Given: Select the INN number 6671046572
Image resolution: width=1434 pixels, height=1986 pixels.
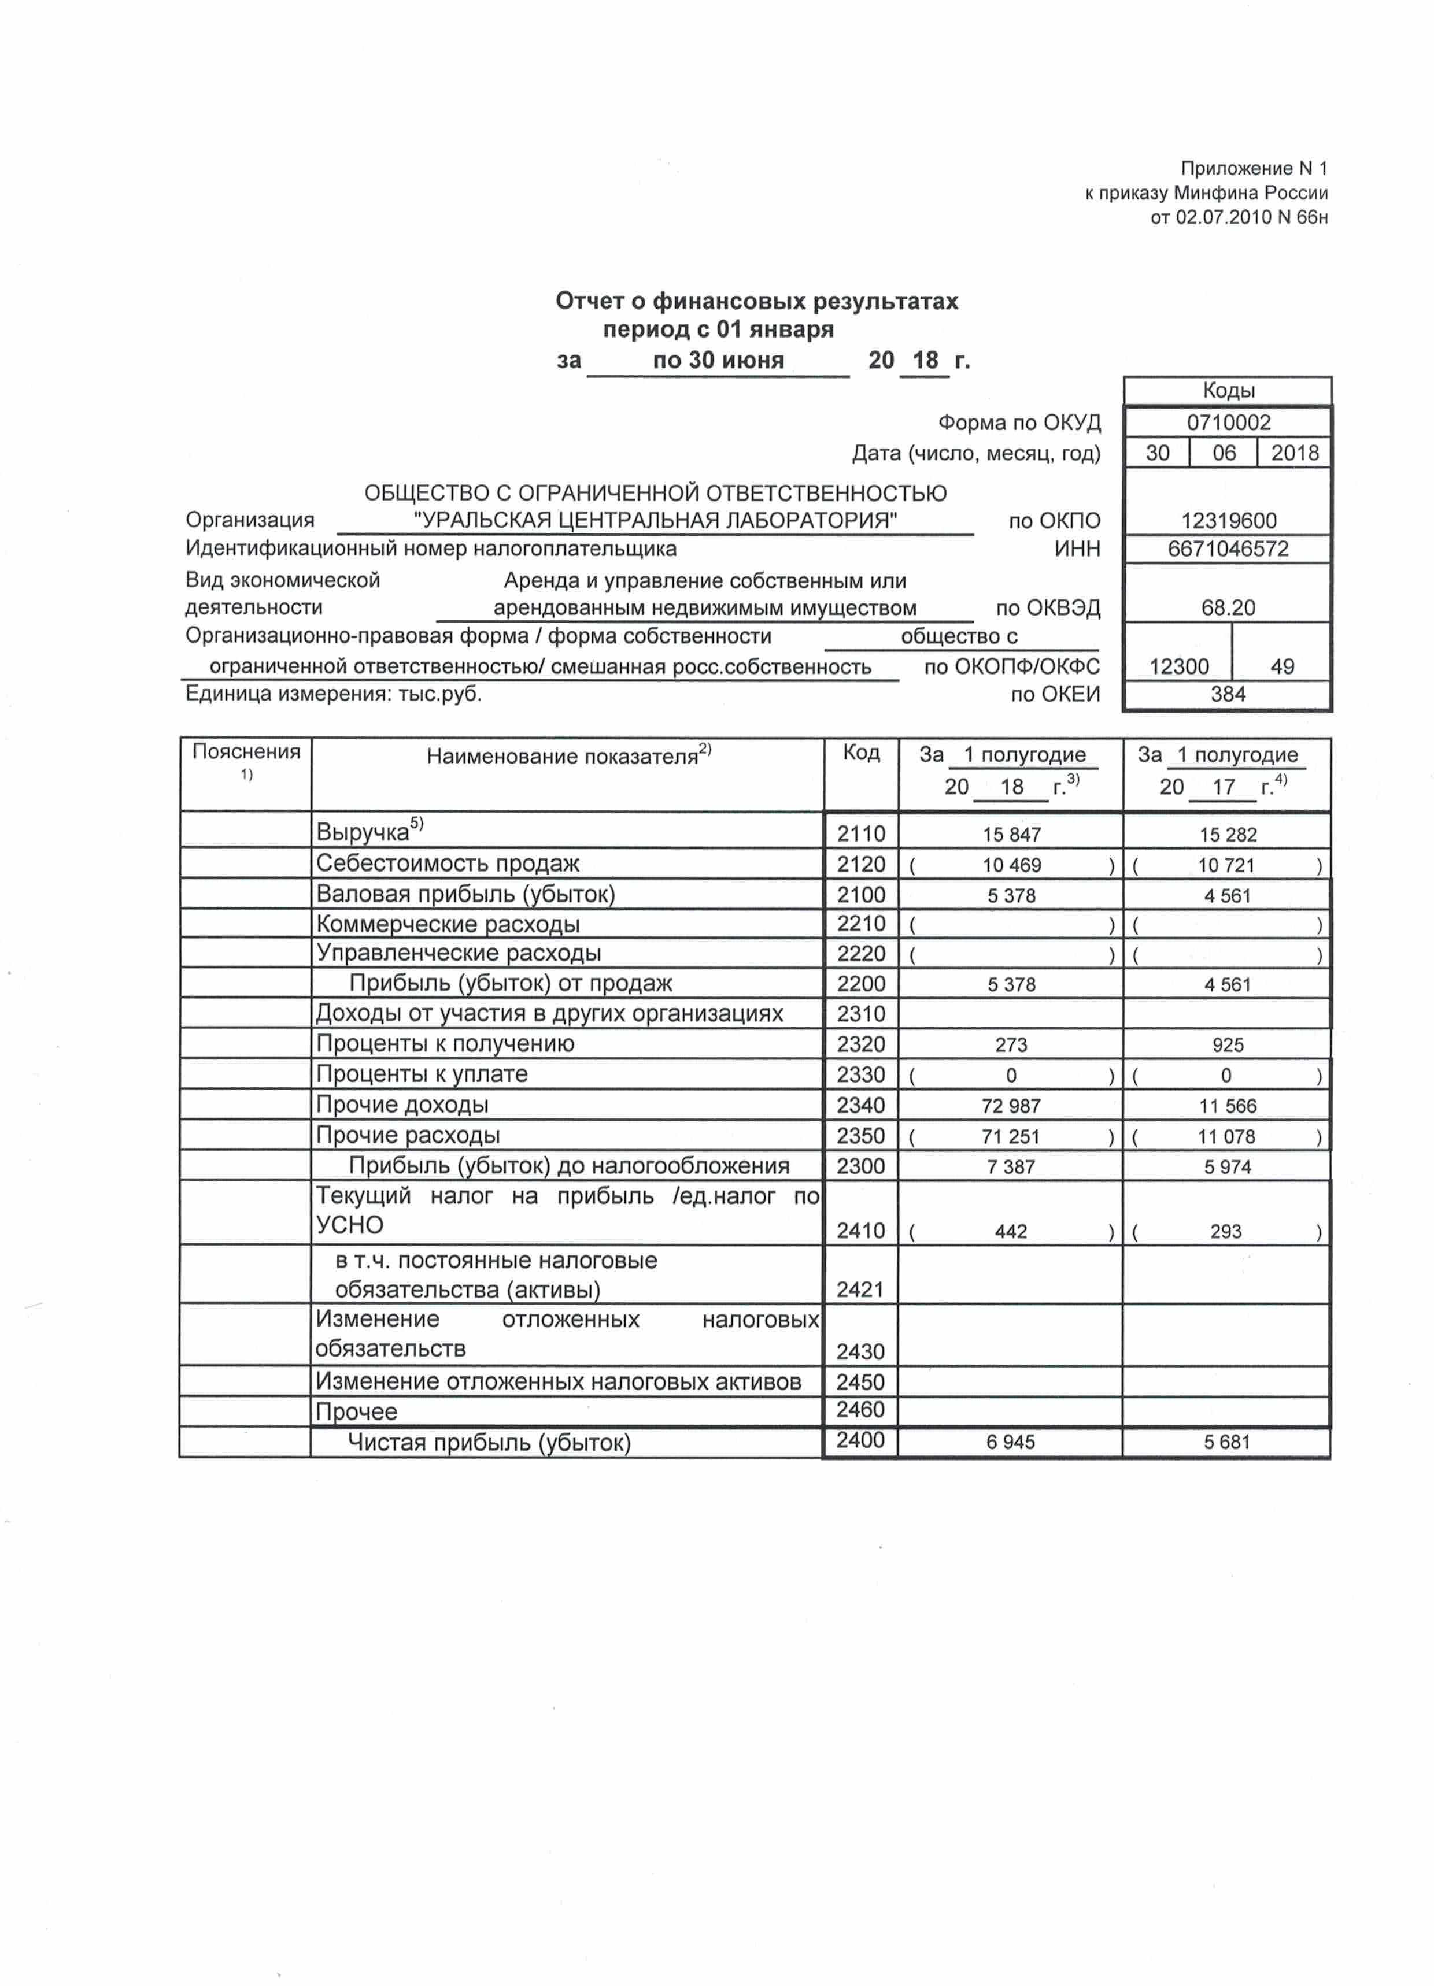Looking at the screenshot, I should (x=1228, y=549).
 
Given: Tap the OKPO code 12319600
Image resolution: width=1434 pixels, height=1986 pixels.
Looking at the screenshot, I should (x=1228, y=521).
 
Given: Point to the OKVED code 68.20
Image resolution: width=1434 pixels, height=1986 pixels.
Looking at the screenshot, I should (x=1228, y=607).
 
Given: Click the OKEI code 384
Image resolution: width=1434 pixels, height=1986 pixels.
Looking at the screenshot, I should (x=1228, y=694).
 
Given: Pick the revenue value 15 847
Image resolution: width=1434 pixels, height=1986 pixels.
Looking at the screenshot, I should (x=1012, y=835).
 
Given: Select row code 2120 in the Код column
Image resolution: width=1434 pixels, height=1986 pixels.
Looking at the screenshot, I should (x=860, y=864).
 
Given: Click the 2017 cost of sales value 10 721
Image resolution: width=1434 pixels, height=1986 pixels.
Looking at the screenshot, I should (x=1226, y=865).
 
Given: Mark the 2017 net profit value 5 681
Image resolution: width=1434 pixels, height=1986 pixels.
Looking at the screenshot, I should (x=1226, y=1442).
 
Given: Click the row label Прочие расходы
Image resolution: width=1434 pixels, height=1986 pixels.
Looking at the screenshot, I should (x=408, y=1136).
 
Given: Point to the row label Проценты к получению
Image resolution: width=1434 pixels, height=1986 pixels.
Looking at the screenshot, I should (x=445, y=1044).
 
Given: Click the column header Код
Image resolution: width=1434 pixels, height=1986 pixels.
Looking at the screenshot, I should (x=861, y=753).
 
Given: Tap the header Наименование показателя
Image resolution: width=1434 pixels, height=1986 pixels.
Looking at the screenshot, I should (x=568, y=755).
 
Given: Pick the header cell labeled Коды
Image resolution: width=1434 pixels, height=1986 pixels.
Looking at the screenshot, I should (x=1228, y=391).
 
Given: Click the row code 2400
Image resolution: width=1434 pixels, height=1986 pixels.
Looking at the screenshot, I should (x=860, y=1440).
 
